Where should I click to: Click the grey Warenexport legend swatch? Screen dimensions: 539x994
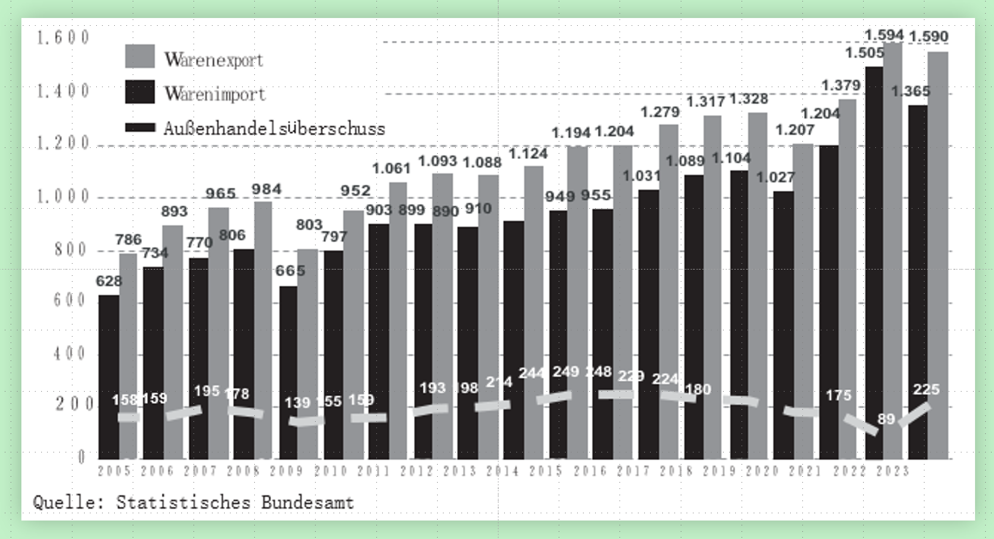[140, 56]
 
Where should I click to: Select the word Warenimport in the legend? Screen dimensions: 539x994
[215, 93]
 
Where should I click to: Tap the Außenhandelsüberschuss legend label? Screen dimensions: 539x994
[274, 128]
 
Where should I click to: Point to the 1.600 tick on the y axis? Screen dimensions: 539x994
[63, 37]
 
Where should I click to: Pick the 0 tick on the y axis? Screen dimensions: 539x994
[81, 457]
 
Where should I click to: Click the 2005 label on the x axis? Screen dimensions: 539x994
[115, 471]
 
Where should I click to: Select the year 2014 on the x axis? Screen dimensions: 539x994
[503, 471]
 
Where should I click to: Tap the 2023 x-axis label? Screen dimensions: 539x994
[893, 471]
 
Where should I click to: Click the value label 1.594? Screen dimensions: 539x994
[884, 35]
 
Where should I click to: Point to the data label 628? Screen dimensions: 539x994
[108, 281]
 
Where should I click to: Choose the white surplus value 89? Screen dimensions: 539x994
[886, 419]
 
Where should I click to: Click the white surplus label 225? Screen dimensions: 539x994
[926, 389]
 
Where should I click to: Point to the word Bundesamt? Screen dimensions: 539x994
[307, 502]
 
